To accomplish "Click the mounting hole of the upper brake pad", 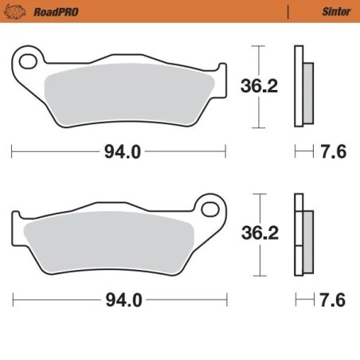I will pos(28,61).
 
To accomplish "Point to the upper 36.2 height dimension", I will pos(259,86).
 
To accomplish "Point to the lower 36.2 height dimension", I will pos(259,233).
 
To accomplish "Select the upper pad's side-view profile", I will pos(300,85).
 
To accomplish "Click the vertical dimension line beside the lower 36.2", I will pos(256,259).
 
